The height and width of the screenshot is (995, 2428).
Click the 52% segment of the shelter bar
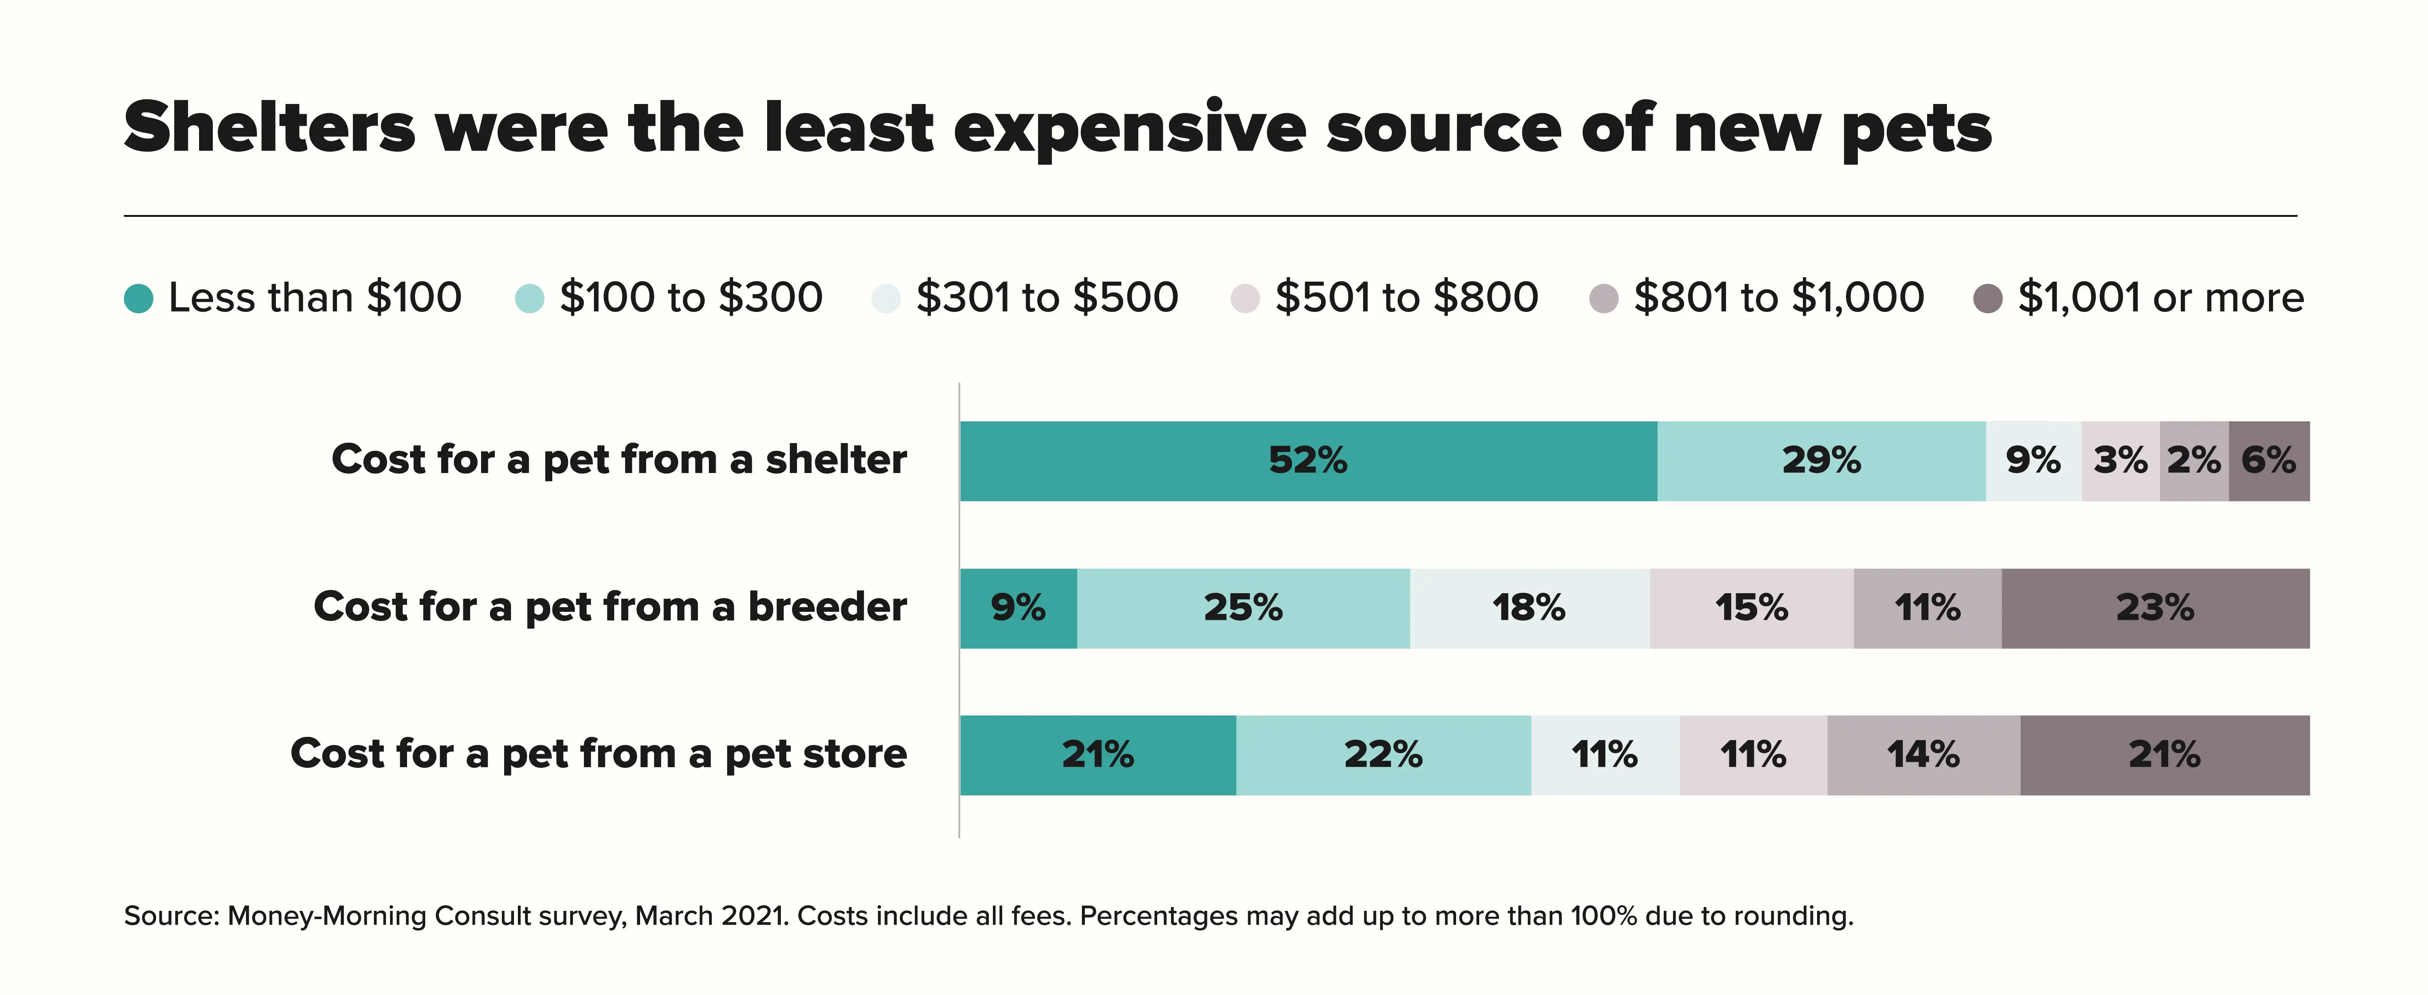coord(1308,461)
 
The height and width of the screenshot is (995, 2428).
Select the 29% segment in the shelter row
coord(1821,461)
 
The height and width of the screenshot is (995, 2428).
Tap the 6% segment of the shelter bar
coord(2269,461)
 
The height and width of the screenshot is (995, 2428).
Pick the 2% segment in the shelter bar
coord(2193,461)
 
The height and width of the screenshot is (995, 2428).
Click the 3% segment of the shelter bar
coord(2120,461)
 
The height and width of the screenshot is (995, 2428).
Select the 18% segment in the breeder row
coord(1529,608)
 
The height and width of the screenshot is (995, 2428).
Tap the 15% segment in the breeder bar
coord(1751,608)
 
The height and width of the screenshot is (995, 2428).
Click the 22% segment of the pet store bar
coord(1383,755)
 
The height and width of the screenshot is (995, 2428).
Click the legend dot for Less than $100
coord(138,299)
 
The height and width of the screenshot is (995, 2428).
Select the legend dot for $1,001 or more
coord(1988,299)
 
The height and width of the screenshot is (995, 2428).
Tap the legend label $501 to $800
coord(1406,298)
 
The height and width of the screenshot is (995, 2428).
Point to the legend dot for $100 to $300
coord(530,299)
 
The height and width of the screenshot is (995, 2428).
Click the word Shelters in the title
coord(269,128)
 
